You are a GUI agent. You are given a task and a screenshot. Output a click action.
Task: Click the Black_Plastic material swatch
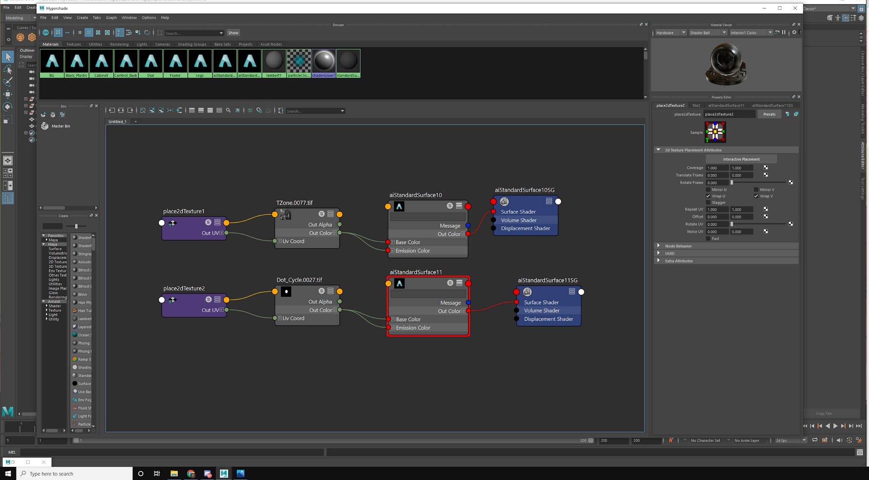(76, 61)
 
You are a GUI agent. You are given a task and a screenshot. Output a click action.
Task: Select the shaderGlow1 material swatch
(323, 61)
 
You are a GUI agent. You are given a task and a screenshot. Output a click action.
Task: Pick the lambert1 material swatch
(274, 61)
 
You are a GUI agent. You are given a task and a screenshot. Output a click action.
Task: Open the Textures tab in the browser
(73, 44)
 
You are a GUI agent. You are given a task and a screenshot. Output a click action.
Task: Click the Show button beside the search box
(233, 33)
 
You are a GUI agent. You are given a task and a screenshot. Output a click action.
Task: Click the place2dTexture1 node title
(184, 211)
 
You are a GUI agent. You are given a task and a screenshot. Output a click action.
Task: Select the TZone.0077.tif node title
(294, 203)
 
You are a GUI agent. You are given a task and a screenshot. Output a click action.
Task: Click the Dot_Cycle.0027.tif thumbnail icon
(286, 291)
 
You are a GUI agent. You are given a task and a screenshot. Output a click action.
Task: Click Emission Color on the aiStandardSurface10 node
(412, 251)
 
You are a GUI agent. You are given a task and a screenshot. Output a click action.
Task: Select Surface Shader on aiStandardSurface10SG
(518, 212)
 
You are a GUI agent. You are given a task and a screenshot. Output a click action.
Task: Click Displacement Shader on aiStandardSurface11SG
(548, 319)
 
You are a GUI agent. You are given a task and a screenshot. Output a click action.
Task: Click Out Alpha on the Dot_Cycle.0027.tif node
(320, 301)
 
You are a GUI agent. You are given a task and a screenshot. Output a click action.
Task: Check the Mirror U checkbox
(708, 190)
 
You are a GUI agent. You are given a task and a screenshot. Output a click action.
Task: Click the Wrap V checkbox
(756, 196)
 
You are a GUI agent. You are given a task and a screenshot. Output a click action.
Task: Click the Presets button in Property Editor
(769, 114)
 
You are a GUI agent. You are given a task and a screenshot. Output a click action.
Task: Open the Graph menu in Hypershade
(111, 17)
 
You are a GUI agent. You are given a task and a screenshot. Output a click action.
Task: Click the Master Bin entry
(61, 126)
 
